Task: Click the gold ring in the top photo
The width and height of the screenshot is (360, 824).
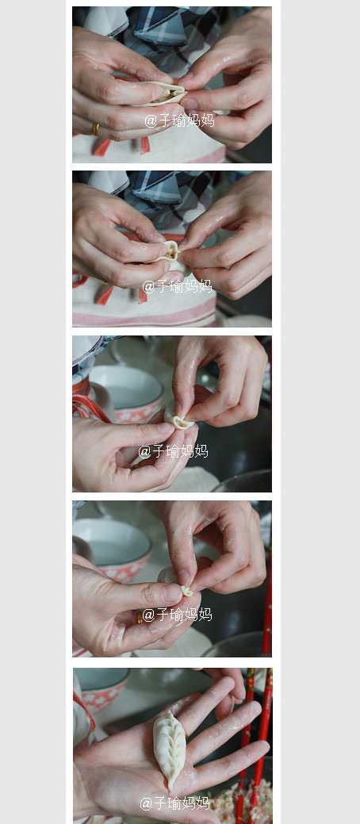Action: click(96, 129)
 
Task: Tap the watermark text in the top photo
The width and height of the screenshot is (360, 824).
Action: click(179, 121)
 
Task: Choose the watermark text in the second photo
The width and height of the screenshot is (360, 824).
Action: click(177, 286)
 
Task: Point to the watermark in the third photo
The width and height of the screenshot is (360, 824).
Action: click(173, 451)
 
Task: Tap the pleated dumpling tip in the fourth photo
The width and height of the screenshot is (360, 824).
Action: click(186, 591)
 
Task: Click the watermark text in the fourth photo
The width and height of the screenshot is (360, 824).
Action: click(177, 615)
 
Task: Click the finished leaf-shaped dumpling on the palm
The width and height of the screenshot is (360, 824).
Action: click(169, 749)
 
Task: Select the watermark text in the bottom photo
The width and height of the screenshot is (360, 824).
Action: click(175, 803)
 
